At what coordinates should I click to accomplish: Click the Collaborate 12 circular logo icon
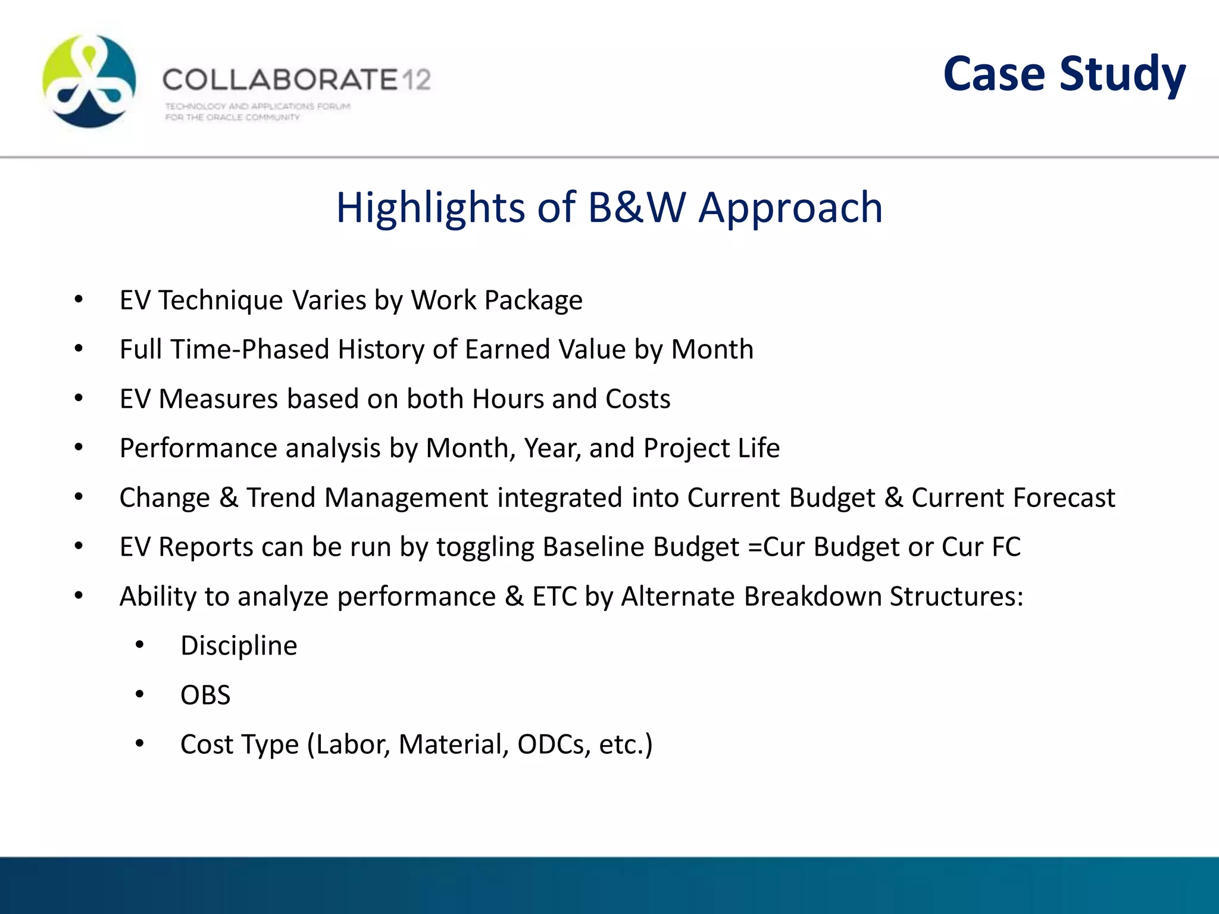(89, 81)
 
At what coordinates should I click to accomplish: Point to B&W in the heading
(637, 208)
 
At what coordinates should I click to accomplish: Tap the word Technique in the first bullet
(221, 300)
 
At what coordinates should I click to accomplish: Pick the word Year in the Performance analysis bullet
(551, 448)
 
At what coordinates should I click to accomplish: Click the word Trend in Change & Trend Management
(280, 497)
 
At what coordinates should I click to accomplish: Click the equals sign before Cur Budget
(754, 547)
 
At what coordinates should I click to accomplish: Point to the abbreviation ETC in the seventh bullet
(554, 596)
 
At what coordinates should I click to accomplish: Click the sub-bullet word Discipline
(239, 646)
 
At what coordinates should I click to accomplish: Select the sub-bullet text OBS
(205, 695)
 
